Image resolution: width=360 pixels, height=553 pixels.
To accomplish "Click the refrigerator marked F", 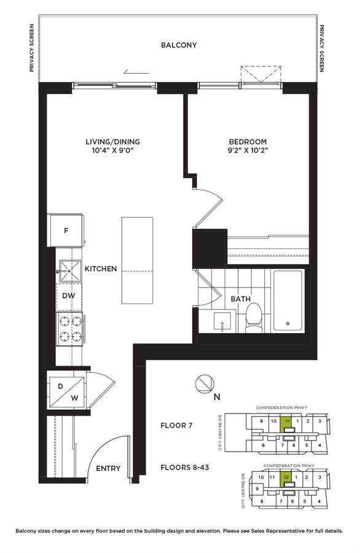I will tap(66, 231).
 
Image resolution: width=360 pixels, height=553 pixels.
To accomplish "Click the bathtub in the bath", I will tap(287, 300).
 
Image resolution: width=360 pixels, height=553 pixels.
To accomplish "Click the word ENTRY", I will tap(108, 469).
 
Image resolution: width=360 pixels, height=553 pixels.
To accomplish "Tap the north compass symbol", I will tap(203, 385).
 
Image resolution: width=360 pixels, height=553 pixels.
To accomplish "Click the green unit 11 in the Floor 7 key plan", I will tap(287, 423).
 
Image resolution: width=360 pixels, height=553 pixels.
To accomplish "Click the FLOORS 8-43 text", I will tap(185, 467).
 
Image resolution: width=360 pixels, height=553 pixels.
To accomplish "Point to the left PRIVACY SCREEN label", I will tap(31, 49).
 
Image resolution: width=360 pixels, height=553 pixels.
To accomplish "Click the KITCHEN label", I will tap(100, 269).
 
